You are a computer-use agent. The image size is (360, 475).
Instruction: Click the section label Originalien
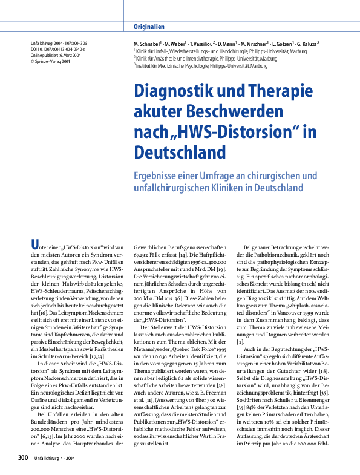click(148, 27)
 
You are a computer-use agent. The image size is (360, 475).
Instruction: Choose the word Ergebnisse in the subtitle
click(156, 175)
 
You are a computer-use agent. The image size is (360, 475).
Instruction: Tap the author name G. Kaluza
click(306, 45)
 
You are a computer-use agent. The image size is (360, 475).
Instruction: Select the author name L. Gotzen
click(277, 45)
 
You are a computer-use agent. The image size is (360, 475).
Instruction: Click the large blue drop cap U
click(35, 244)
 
